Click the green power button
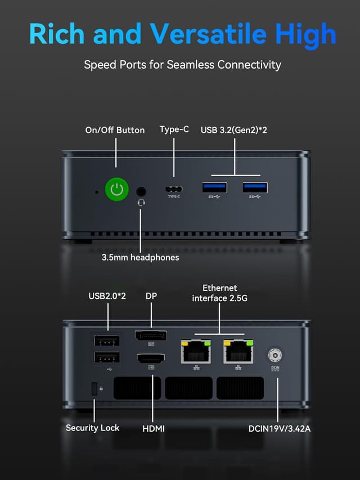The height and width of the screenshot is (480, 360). coord(116,189)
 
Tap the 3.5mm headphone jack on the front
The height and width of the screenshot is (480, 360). coord(141,191)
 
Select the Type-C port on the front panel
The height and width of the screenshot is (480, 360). coord(174,189)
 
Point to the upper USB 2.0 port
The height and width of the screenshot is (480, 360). coord(107,340)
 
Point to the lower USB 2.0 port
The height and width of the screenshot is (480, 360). coord(107,357)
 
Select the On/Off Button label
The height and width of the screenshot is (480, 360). coord(115,130)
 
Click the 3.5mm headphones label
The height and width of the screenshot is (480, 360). coord(140,257)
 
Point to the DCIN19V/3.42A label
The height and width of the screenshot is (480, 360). coord(280,429)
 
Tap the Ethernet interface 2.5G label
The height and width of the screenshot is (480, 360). coord(219,293)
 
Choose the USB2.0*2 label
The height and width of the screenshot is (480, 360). coord(107,296)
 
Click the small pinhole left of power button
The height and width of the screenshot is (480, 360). coord(96,191)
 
